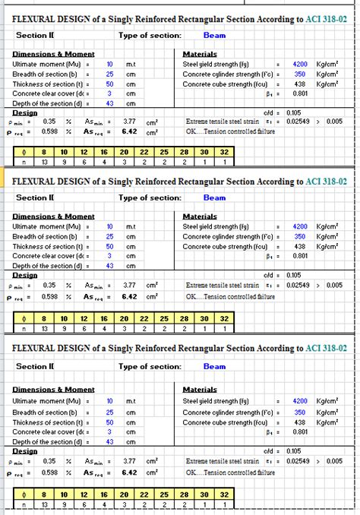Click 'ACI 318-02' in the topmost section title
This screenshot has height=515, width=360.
tap(327, 18)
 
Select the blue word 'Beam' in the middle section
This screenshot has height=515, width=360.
tap(214, 197)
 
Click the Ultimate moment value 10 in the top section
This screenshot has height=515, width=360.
tap(109, 65)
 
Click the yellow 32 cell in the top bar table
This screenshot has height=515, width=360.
tap(223, 152)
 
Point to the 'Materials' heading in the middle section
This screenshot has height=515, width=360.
tap(200, 216)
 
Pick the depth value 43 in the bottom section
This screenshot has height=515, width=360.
tap(109, 442)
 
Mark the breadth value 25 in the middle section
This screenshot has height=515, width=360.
tap(109, 236)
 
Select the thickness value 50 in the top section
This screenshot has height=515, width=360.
tap(109, 84)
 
